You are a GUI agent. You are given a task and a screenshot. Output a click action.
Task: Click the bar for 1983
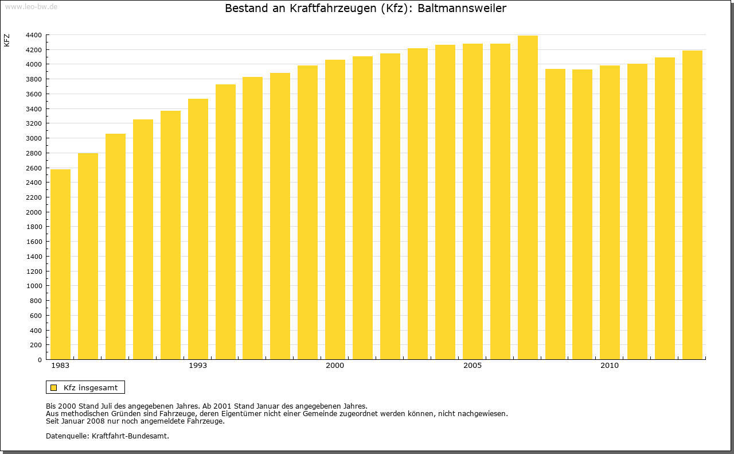60,264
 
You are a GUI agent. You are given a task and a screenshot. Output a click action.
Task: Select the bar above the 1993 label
198,230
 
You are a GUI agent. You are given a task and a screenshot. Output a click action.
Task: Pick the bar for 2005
473,201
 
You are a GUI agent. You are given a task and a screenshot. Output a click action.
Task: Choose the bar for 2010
610,212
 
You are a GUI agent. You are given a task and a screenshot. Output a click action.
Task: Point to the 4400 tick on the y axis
33,35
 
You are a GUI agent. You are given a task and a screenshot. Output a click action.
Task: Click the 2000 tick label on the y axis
33,212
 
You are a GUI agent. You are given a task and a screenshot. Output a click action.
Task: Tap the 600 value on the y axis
36,316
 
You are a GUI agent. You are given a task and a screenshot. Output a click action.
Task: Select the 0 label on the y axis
39,360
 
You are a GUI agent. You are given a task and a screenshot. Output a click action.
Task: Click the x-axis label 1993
198,366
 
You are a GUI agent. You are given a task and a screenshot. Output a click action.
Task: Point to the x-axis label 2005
473,366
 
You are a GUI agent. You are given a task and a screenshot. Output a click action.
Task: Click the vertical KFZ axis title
7,40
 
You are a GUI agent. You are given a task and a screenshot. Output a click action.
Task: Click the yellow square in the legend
54,387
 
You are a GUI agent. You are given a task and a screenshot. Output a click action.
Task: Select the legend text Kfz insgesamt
91,387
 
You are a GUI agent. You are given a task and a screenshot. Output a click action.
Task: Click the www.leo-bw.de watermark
30,7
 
